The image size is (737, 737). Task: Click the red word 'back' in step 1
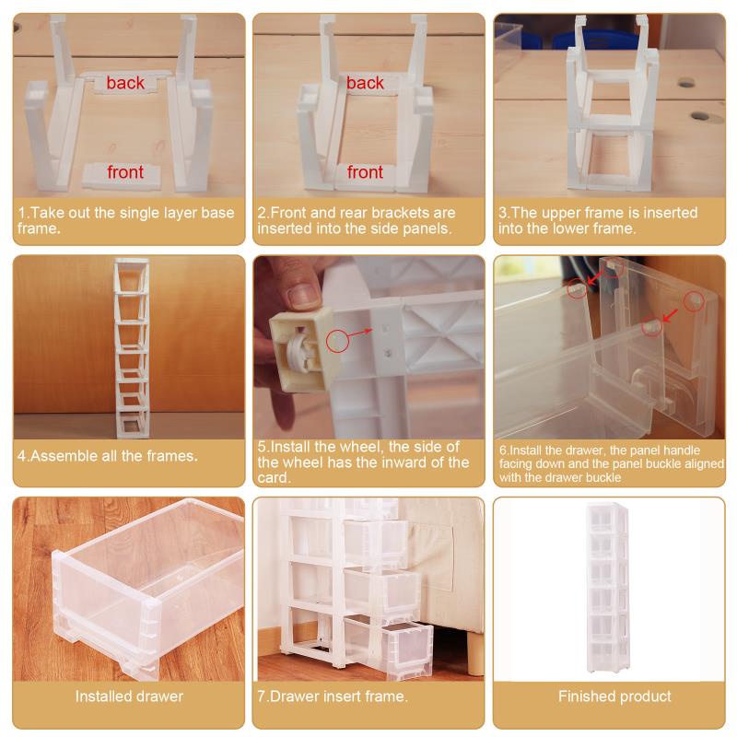pos(125,83)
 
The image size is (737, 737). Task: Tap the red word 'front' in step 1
pos(125,172)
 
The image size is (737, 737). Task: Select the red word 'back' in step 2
pos(365,83)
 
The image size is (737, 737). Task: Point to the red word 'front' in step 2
pos(365,172)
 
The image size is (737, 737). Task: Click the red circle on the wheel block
pos(337,341)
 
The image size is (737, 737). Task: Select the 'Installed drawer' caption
pos(129,696)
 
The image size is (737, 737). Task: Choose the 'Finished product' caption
pos(614,696)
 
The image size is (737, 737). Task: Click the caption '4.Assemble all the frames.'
pos(108,456)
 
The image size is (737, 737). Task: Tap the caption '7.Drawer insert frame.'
pos(333,696)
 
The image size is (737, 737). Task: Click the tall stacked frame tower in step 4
pos(132,348)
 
